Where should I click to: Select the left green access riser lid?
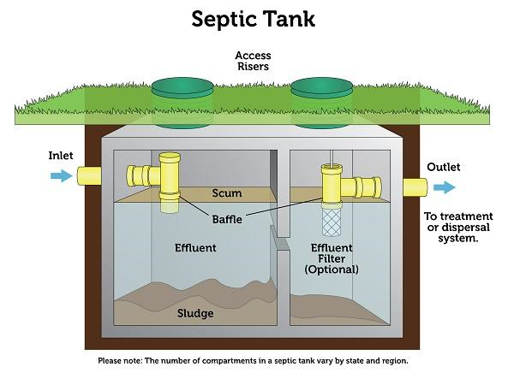click(x=182, y=89)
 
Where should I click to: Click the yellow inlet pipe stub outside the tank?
click(x=89, y=176)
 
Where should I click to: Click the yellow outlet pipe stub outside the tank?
click(x=415, y=187)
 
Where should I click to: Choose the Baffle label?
click(x=227, y=219)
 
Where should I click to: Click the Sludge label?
click(x=194, y=313)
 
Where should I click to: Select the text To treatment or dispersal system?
click(x=458, y=227)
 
